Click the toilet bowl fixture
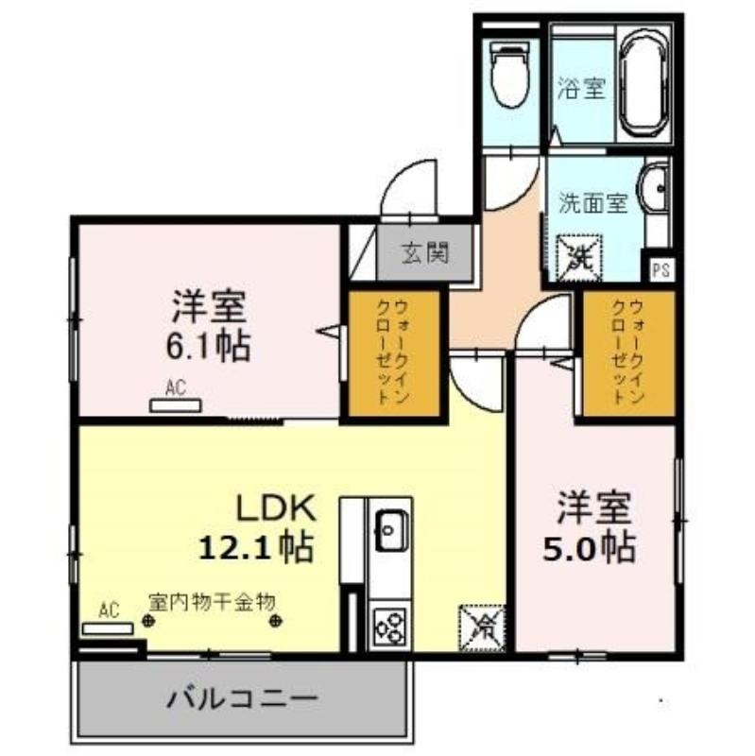[508, 75]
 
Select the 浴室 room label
[581, 88]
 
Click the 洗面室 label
[593, 203]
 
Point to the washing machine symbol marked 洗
[579, 258]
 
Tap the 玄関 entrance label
[425, 252]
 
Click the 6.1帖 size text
[208, 346]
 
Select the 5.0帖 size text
[589, 548]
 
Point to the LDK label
[275, 508]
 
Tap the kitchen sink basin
[391, 530]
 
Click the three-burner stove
[390, 627]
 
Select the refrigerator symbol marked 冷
[482, 628]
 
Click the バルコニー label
[243, 698]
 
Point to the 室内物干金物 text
[212, 601]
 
